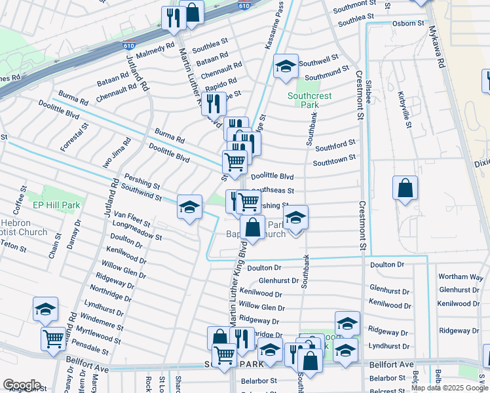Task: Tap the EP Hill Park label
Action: [56, 205]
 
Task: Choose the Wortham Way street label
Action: [460, 276]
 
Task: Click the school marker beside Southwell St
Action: [286, 66]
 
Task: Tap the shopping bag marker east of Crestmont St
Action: [405, 187]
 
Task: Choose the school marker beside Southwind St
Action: [189, 208]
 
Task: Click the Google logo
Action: [22, 384]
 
